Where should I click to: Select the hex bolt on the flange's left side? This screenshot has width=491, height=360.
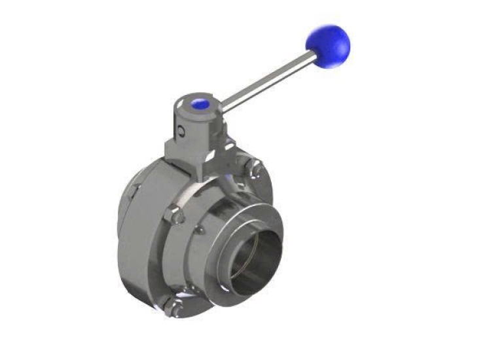(x=175, y=214)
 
